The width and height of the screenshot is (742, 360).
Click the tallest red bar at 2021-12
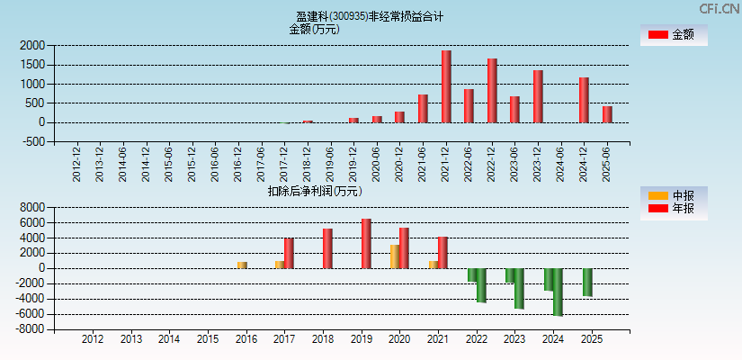click(x=446, y=86)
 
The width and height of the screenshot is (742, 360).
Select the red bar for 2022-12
click(x=492, y=91)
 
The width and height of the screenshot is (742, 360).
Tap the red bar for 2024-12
click(x=584, y=100)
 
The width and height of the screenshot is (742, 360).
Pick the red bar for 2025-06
click(x=607, y=114)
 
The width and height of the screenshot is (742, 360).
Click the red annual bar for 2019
click(x=366, y=243)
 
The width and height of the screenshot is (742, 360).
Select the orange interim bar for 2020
click(x=394, y=256)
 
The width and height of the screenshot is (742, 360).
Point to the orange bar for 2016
click(x=242, y=265)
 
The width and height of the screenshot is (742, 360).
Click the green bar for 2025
click(x=587, y=282)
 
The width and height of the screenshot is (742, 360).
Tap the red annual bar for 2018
click(x=327, y=248)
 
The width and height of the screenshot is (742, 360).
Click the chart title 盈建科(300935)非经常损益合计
click(x=370, y=16)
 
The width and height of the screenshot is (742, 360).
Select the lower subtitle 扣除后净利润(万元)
click(x=314, y=191)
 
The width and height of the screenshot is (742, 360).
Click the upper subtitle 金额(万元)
click(x=314, y=29)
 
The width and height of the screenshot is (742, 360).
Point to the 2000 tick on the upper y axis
click(x=32, y=45)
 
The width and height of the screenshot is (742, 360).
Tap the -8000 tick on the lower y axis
click(x=30, y=329)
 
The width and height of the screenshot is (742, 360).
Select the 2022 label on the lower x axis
click(x=477, y=339)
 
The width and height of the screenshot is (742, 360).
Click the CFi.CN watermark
click(x=720, y=8)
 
